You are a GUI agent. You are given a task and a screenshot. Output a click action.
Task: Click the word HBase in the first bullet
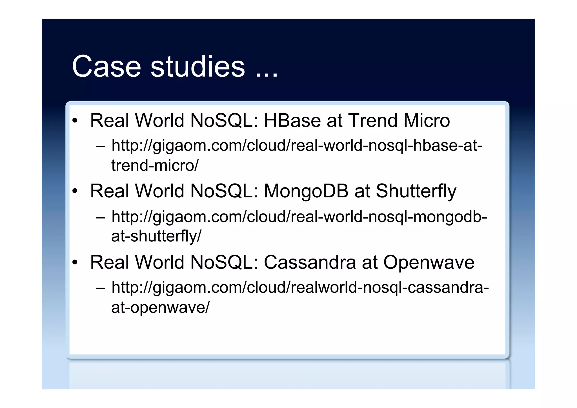(x=292, y=121)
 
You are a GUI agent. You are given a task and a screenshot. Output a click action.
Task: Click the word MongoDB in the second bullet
(x=306, y=191)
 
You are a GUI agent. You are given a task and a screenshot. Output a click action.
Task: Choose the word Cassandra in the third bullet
(x=310, y=262)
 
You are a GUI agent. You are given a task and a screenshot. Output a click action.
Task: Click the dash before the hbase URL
(x=100, y=147)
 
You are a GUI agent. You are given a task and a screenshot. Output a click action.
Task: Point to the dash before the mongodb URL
(x=100, y=218)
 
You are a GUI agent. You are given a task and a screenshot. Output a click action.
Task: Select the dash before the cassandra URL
(x=100, y=288)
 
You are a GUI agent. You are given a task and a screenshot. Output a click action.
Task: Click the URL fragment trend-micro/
(x=155, y=166)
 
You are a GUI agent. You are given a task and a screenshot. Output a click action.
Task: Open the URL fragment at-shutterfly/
(x=156, y=236)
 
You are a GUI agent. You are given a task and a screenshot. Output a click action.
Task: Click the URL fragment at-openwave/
(x=160, y=307)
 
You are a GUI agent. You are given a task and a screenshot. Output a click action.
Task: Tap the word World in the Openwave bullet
(x=159, y=262)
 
